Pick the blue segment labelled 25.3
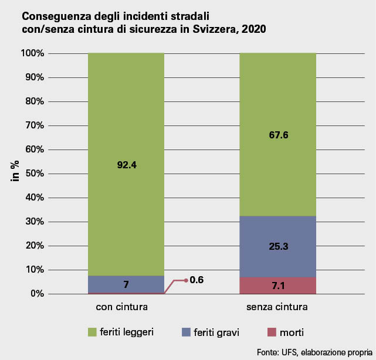tap(277, 246)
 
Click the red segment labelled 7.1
tap(277, 286)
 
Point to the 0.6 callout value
tap(197, 280)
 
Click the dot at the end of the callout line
tap(185, 280)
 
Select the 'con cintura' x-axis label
tap(122, 307)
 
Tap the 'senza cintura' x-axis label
tap(277, 307)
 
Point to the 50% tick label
tap(35, 174)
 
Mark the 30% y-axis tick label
tap(35, 222)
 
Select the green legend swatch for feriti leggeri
tap(92, 332)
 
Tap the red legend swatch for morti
tap(270, 332)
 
